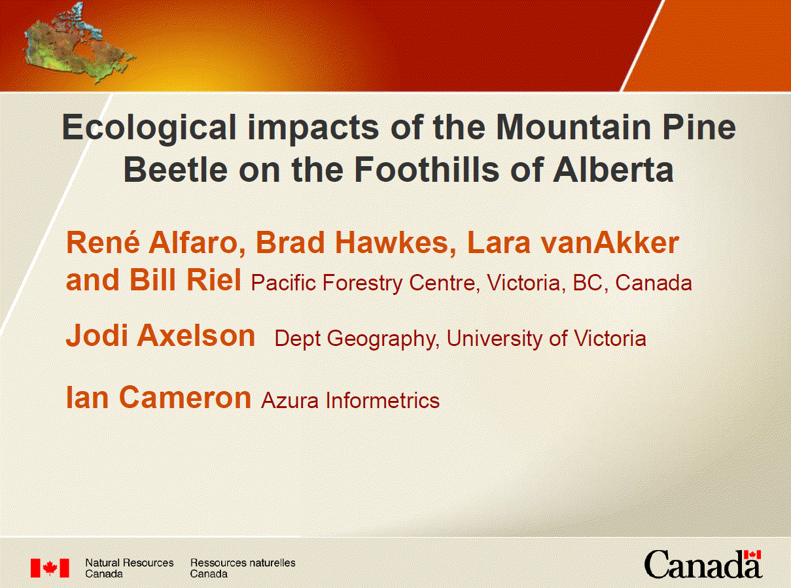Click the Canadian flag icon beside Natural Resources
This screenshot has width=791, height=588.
click(x=50, y=568)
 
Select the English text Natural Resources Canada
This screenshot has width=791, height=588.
click(x=130, y=568)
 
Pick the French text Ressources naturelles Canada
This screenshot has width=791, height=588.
click(x=242, y=568)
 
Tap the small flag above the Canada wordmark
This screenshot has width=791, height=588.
click(x=754, y=555)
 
